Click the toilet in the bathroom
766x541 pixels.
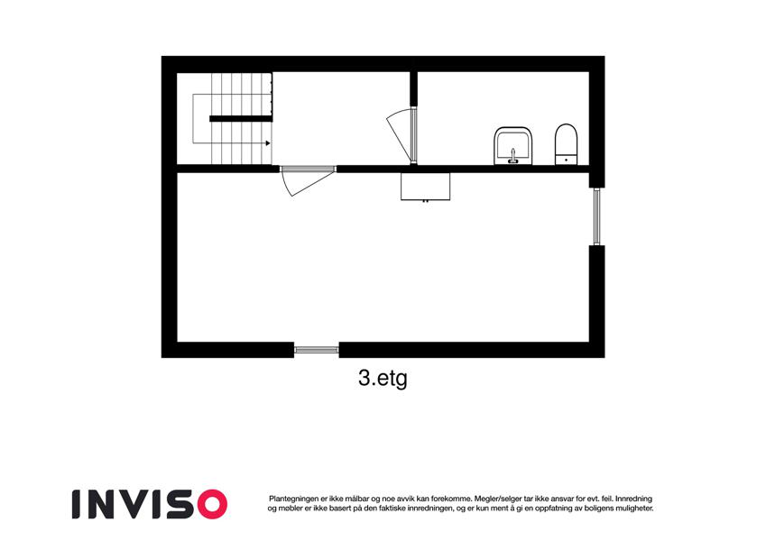pyautogui.click(x=567, y=144)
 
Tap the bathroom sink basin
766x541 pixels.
pyautogui.click(x=512, y=146)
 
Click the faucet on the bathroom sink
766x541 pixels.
pyautogui.click(x=512, y=156)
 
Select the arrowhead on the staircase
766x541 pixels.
pyautogui.click(x=268, y=143)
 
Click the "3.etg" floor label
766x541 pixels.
pyautogui.click(x=383, y=379)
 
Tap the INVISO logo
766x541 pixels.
pyautogui.click(x=150, y=504)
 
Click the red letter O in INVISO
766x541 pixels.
pyautogui.click(x=211, y=504)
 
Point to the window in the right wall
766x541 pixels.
pyautogui.click(x=596, y=216)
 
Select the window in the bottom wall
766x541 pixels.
pyautogui.click(x=316, y=350)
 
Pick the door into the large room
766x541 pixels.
pyautogui.click(x=309, y=179)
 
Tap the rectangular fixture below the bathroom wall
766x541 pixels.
pyautogui.click(x=426, y=186)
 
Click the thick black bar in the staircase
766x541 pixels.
pyautogui.click(x=241, y=119)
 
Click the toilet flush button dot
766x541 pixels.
pyautogui.click(x=567, y=160)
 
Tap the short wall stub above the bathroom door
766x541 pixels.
pyautogui.click(x=414, y=89)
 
